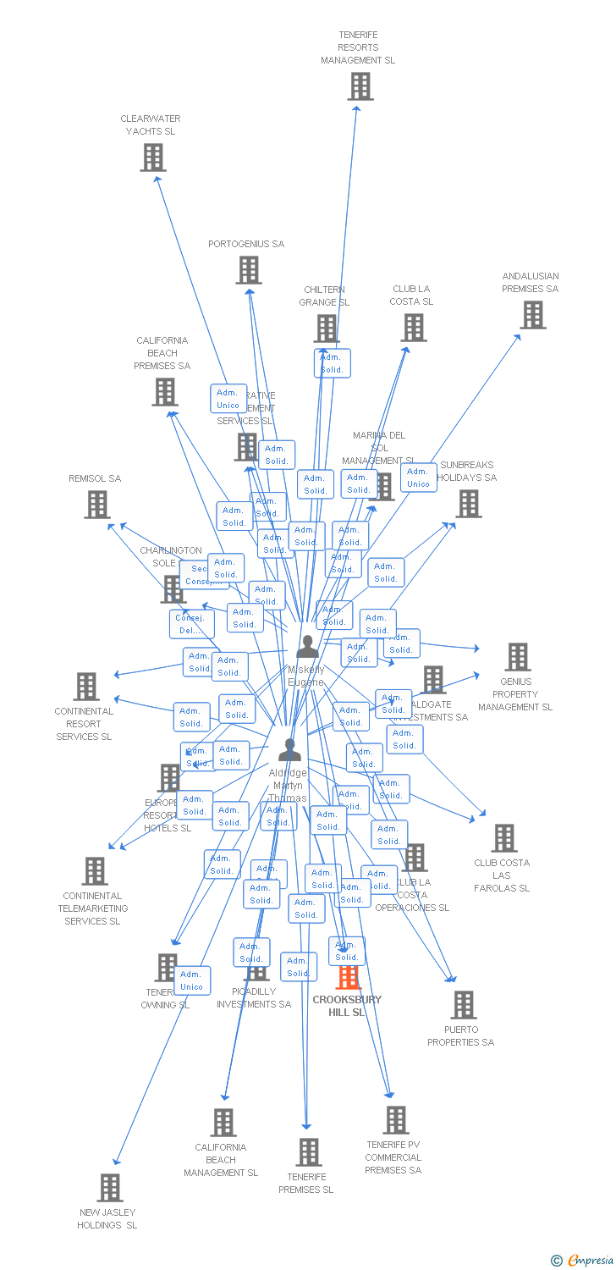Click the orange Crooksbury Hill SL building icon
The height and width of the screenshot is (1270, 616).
[x=348, y=977]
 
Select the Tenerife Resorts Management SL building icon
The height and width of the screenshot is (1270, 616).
[x=360, y=86]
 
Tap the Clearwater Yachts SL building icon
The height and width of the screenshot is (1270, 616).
[x=152, y=157]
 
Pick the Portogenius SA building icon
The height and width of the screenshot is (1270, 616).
[x=248, y=270]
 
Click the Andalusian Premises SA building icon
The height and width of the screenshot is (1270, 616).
[x=532, y=315]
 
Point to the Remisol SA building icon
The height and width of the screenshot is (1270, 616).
[x=97, y=505]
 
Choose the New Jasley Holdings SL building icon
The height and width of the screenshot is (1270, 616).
[x=109, y=1188]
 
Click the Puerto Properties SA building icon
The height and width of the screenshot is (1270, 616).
[x=463, y=1005]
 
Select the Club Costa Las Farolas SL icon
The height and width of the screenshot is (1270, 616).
[x=503, y=838]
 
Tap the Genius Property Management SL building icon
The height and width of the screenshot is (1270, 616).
[x=517, y=657]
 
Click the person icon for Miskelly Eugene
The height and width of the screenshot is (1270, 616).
[x=307, y=647]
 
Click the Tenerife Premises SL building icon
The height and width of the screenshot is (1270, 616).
[x=308, y=1152]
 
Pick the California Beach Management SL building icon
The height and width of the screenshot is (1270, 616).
[x=223, y=1123]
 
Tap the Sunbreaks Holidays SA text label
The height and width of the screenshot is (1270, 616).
[x=467, y=472]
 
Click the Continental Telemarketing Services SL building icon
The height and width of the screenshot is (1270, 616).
[x=94, y=871]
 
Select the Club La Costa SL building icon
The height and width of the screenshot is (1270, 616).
[x=413, y=328]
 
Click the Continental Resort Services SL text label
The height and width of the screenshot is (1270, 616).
[x=84, y=724]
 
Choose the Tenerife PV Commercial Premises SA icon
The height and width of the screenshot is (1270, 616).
[x=395, y=1120]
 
